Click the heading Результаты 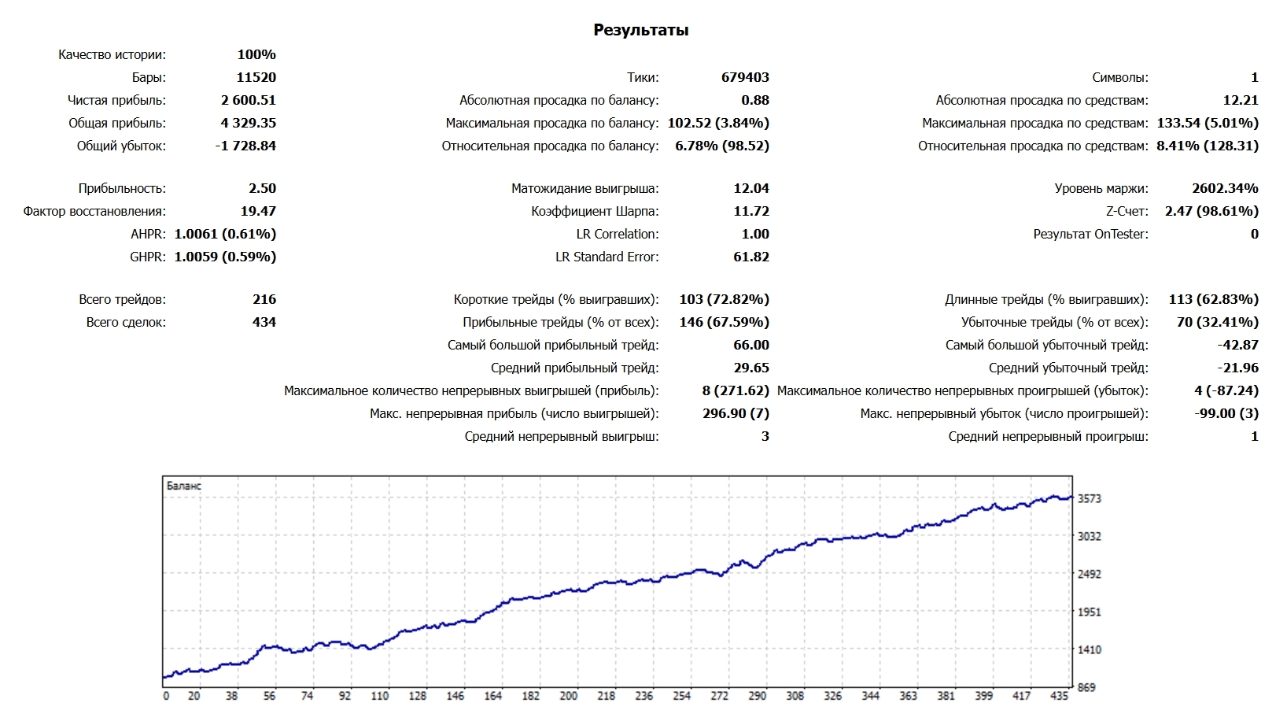(640, 31)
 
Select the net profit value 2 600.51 (248, 100)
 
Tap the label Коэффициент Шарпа (595, 211)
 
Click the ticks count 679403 (745, 77)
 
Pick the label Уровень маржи (1101, 188)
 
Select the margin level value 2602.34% (1225, 188)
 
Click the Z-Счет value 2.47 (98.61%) (1211, 211)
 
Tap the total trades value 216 (264, 299)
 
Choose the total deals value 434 (264, 322)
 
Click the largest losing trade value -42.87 (1237, 345)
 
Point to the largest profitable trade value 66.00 (751, 345)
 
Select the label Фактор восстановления (94, 211)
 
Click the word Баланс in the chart (184, 486)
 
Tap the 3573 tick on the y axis (1090, 498)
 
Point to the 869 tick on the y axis (1086, 687)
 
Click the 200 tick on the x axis (568, 696)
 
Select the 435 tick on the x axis (1059, 696)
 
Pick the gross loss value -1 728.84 (245, 146)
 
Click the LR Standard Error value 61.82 (751, 257)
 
